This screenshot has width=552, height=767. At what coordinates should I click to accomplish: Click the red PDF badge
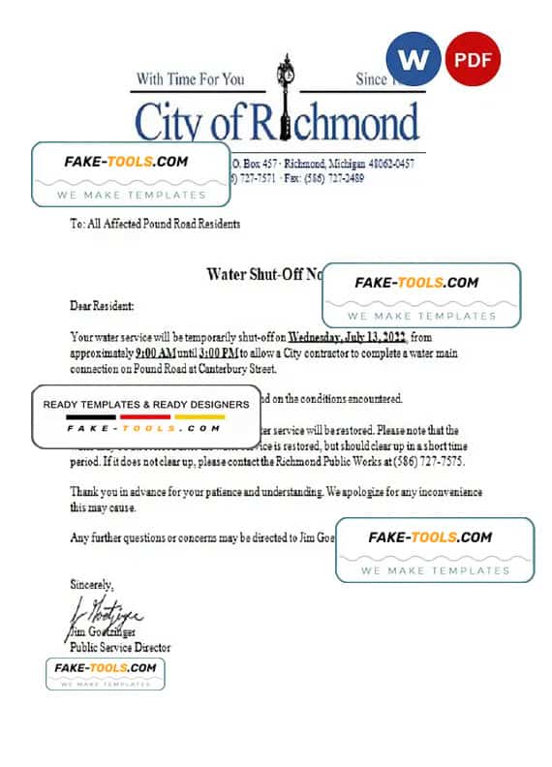click(x=475, y=60)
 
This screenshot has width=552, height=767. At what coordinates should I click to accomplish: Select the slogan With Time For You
click(x=190, y=78)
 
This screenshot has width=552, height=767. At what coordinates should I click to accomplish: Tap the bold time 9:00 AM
click(x=157, y=353)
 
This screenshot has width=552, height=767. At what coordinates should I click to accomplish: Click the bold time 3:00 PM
click(x=214, y=353)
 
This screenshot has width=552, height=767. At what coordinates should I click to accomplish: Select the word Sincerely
click(x=92, y=585)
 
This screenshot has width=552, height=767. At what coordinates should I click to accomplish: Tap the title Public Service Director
click(x=121, y=647)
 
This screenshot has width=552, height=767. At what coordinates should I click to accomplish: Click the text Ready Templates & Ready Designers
click(x=145, y=404)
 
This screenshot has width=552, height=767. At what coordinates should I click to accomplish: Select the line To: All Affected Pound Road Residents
click(x=156, y=224)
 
